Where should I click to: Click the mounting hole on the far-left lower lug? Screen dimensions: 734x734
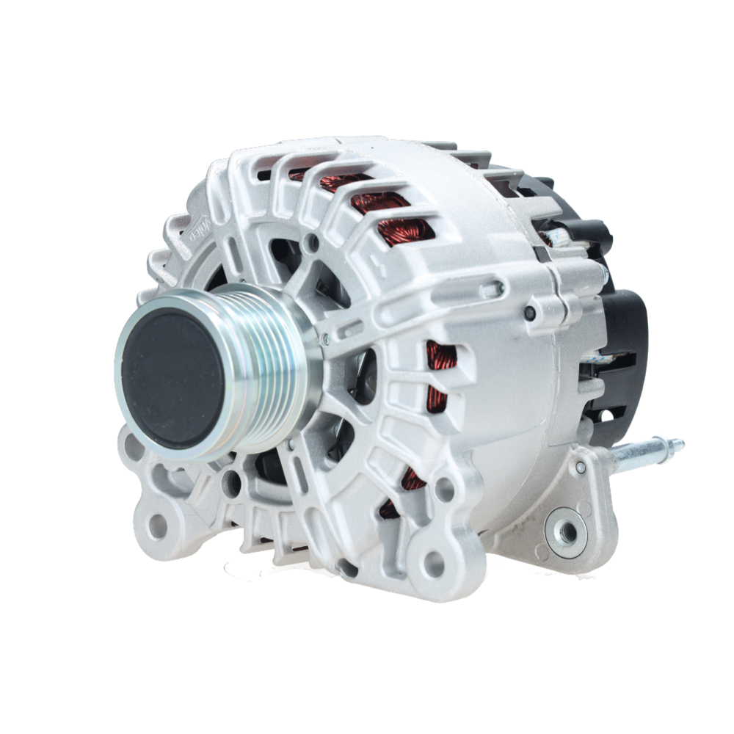[x=157, y=525]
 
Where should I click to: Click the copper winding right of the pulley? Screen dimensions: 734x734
[x=439, y=378]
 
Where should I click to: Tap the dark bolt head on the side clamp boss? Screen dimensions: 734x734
[x=529, y=314]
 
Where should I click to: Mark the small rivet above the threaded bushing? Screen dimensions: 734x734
[x=581, y=467]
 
